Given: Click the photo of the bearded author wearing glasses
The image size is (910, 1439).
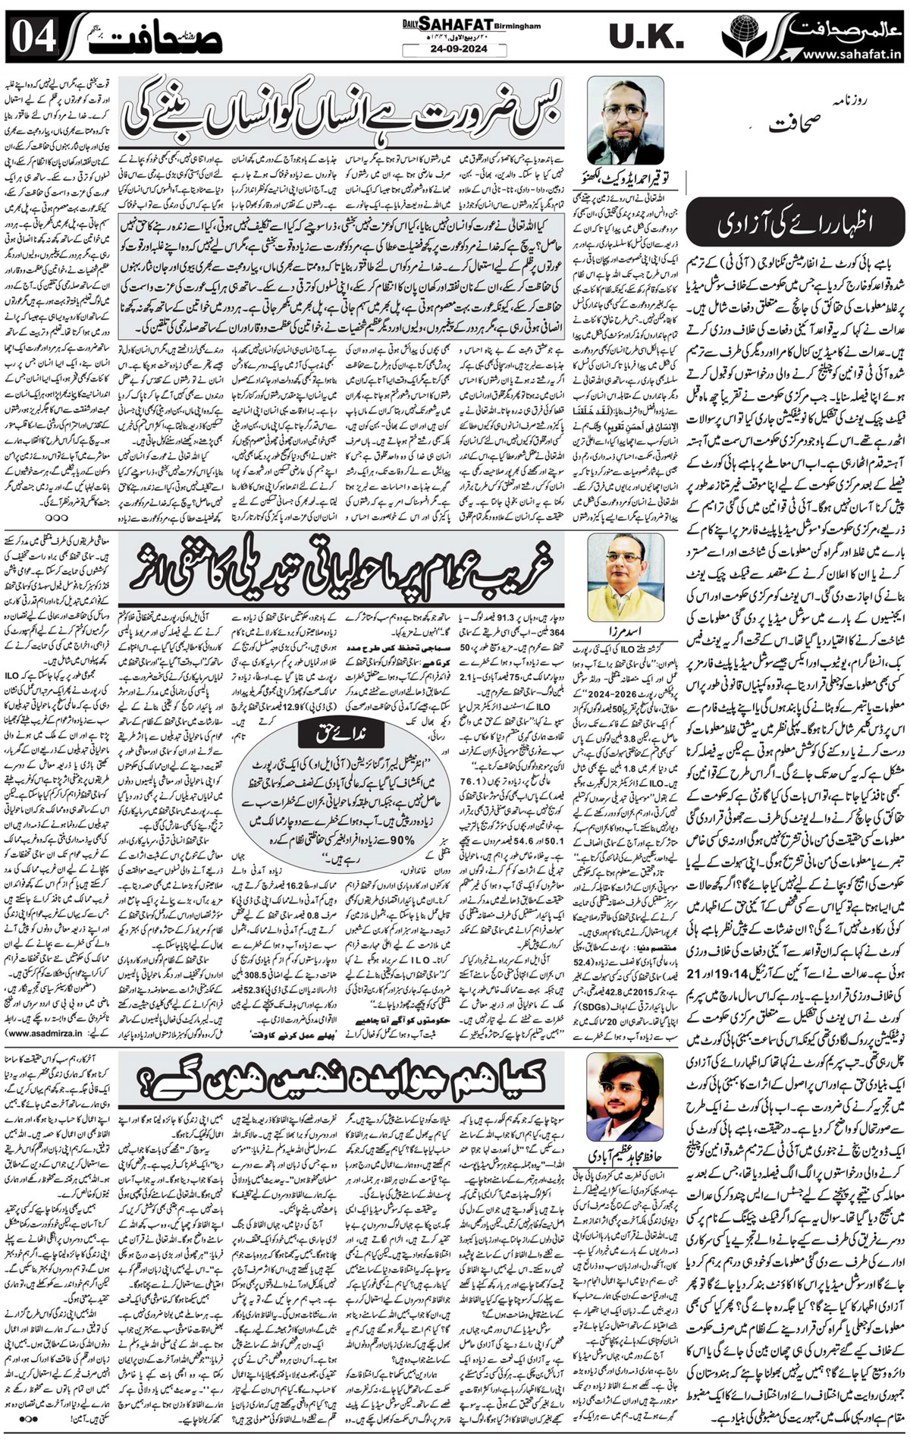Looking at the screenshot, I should (626, 120).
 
